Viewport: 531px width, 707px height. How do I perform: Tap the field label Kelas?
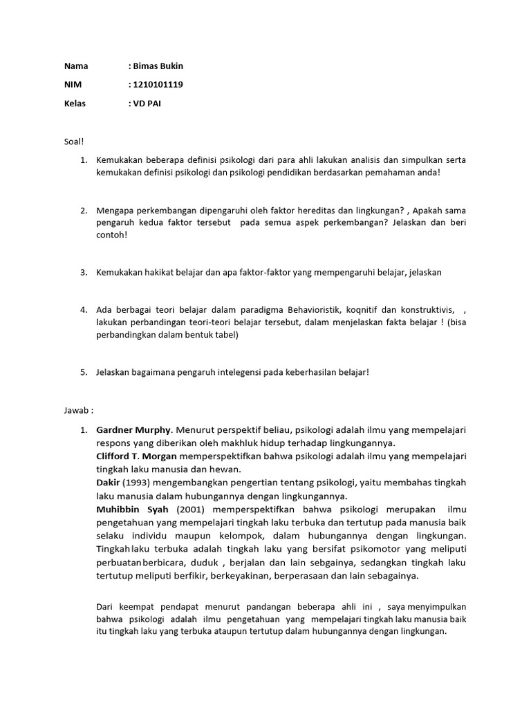point(75,104)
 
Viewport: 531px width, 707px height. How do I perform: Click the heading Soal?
point(73,141)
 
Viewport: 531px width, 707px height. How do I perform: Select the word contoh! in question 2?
point(113,235)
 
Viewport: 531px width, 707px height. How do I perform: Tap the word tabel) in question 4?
point(225,335)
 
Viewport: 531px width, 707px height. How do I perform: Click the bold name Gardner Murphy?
point(133,429)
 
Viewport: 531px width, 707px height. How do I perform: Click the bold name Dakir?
point(107,483)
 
